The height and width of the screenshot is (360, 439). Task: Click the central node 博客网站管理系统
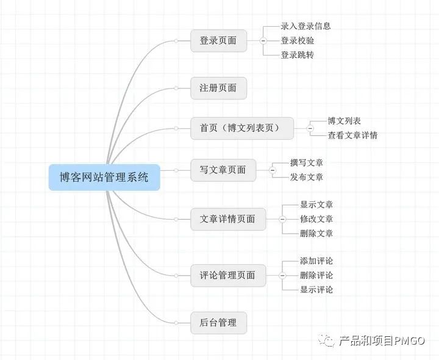click(104, 178)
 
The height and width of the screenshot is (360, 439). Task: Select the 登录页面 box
click(218, 41)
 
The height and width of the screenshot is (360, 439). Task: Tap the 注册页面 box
click(218, 88)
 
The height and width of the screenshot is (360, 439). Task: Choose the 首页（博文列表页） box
click(242, 128)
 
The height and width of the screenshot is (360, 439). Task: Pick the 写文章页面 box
click(223, 170)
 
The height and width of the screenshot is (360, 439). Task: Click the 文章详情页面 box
click(227, 219)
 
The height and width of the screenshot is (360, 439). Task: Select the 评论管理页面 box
click(227, 275)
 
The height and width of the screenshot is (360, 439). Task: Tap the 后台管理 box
click(218, 322)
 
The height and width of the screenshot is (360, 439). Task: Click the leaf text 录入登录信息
click(305, 26)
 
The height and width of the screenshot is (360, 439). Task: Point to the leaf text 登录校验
click(298, 40)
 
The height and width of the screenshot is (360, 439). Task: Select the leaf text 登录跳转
click(298, 55)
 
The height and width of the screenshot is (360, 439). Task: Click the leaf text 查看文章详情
click(352, 135)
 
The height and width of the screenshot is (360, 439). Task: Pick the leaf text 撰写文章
click(307, 162)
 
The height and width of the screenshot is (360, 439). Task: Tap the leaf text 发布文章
click(307, 177)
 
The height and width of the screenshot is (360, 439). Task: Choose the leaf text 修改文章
click(316, 219)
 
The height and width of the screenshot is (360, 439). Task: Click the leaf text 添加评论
click(316, 261)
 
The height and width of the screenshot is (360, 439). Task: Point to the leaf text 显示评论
click(316, 290)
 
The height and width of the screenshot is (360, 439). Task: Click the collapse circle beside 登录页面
click(263, 41)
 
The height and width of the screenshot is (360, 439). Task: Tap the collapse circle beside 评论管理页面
click(282, 275)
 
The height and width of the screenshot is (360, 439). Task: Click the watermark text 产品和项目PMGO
click(382, 341)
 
